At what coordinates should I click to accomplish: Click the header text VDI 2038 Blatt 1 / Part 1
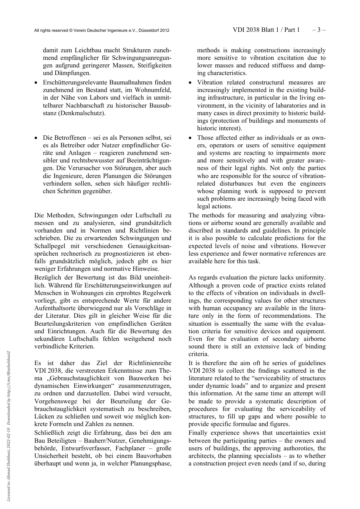tap(266, 30)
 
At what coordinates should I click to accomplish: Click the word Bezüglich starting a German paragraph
tap(47, 278)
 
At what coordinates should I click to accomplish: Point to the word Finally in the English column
tap(198, 433)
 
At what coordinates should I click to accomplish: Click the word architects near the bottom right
tap(202, 456)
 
